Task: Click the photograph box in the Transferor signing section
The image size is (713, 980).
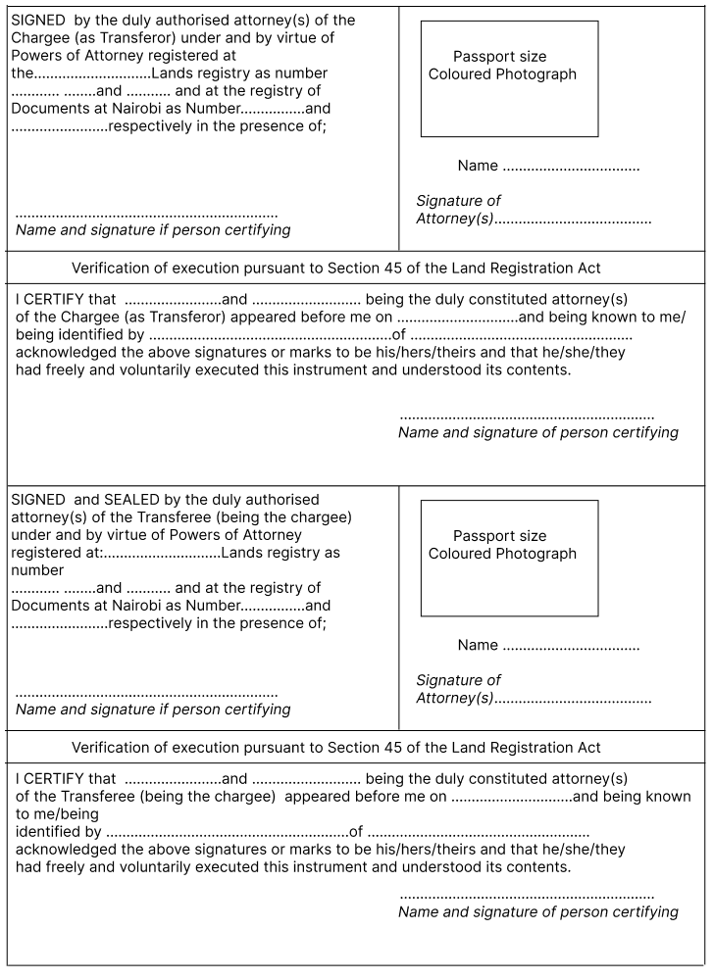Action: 509,78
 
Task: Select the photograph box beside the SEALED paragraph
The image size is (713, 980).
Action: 509,558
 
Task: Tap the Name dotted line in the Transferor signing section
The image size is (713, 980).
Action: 571,167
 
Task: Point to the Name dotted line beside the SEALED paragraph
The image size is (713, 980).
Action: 571,646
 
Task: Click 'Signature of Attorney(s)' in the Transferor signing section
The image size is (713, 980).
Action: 458,210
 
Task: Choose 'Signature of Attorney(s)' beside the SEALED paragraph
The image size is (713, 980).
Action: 458,689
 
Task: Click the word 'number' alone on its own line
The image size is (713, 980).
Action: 37,570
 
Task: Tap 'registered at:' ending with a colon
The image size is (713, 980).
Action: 56,553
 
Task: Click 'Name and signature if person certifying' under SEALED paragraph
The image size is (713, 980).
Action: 153,710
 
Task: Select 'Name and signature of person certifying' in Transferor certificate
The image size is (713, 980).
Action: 537,432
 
